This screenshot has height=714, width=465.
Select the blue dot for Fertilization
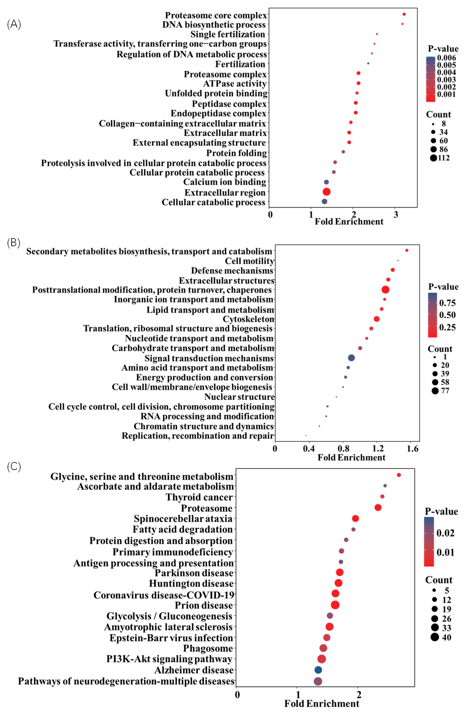click(368, 63)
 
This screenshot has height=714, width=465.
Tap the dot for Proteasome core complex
click(404, 14)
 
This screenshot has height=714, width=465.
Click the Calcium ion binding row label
click(224, 182)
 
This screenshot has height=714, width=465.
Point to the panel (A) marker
click(14, 24)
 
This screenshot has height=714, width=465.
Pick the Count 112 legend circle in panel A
click(433, 158)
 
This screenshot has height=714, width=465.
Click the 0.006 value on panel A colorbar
click(446, 58)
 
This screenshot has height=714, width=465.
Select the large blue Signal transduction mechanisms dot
click(351, 358)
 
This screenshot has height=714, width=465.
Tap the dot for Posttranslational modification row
click(385, 290)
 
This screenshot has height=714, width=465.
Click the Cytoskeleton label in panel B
click(248, 319)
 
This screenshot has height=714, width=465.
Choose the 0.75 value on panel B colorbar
click(447, 303)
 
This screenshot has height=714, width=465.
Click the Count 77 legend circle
click(435, 391)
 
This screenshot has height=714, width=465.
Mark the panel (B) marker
click(14, 242)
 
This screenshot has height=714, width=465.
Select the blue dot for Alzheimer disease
click(318, 670)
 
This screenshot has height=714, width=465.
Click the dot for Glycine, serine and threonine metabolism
click(399, 475)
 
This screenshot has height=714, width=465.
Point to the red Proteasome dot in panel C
click(378, 508)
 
